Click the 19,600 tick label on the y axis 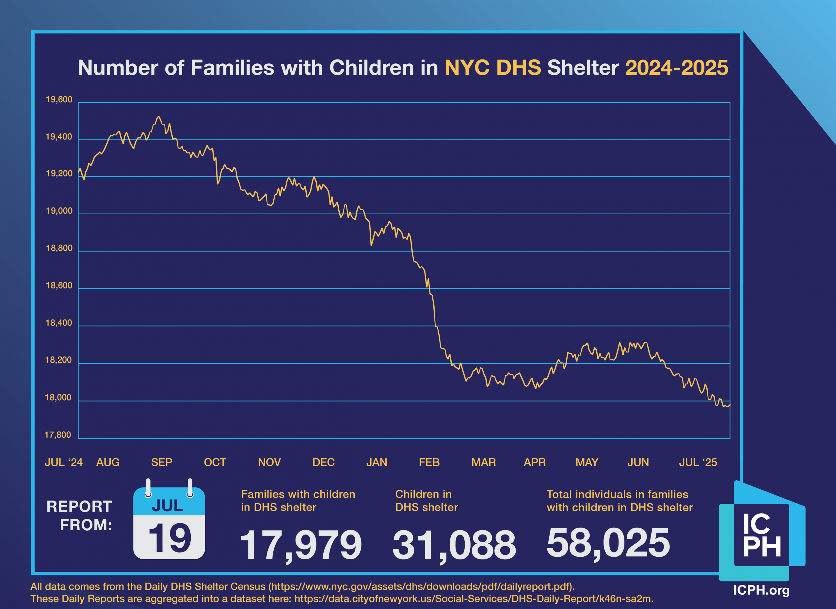point(59,100)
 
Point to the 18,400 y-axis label point(58,323)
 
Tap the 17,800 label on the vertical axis point(58,435)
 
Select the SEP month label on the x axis point(161,462)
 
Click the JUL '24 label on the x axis point(64,462)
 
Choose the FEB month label point(429,462)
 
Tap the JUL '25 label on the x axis point(698,462)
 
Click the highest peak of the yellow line point(158,117)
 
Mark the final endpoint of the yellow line point(730,405)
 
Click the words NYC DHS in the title point(493,68)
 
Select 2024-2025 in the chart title point(676,68)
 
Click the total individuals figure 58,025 point(608,543)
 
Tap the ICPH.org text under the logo point(761,590)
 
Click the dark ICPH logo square point(761,535)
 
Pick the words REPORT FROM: point(79,516)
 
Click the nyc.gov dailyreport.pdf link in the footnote point(420,586)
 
